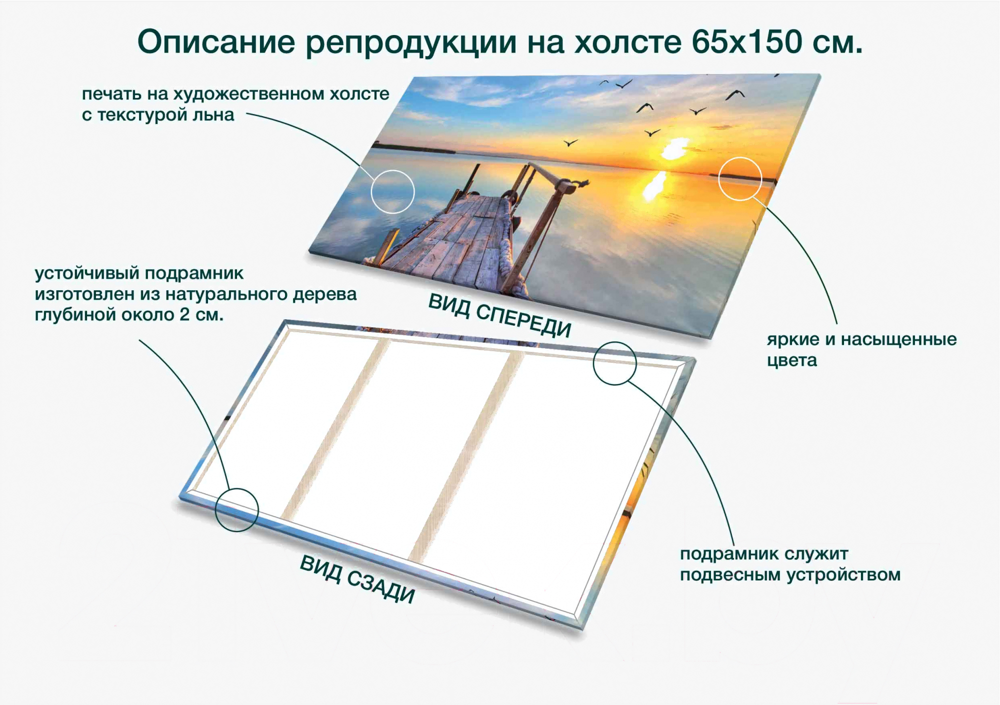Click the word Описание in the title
coord(216,42)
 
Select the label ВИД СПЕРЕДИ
coord(500,315)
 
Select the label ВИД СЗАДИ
coord(357,579)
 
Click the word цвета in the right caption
coord(792,361)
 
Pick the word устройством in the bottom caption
coord(844,575)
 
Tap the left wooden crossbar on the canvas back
coord(335,429)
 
